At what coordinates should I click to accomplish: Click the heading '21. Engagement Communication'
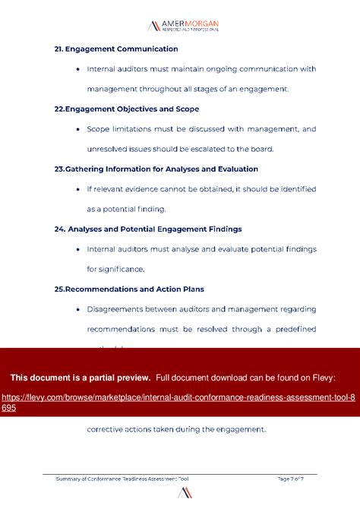point(116,49)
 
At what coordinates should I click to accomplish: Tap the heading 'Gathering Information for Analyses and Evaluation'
point(156,169)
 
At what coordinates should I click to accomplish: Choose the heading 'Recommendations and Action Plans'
point(129,289)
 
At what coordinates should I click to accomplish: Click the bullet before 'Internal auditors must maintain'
point(79,69)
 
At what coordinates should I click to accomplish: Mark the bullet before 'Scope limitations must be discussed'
point(79,129)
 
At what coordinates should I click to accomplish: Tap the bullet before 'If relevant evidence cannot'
point(79,189)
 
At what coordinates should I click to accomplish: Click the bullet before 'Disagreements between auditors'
point(79,309)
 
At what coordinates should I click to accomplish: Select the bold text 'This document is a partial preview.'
point(81,378)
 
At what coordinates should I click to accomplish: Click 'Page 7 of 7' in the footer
point(291,479)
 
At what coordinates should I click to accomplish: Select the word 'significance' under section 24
point(122,269)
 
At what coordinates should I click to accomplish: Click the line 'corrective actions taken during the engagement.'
point(176,429)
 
